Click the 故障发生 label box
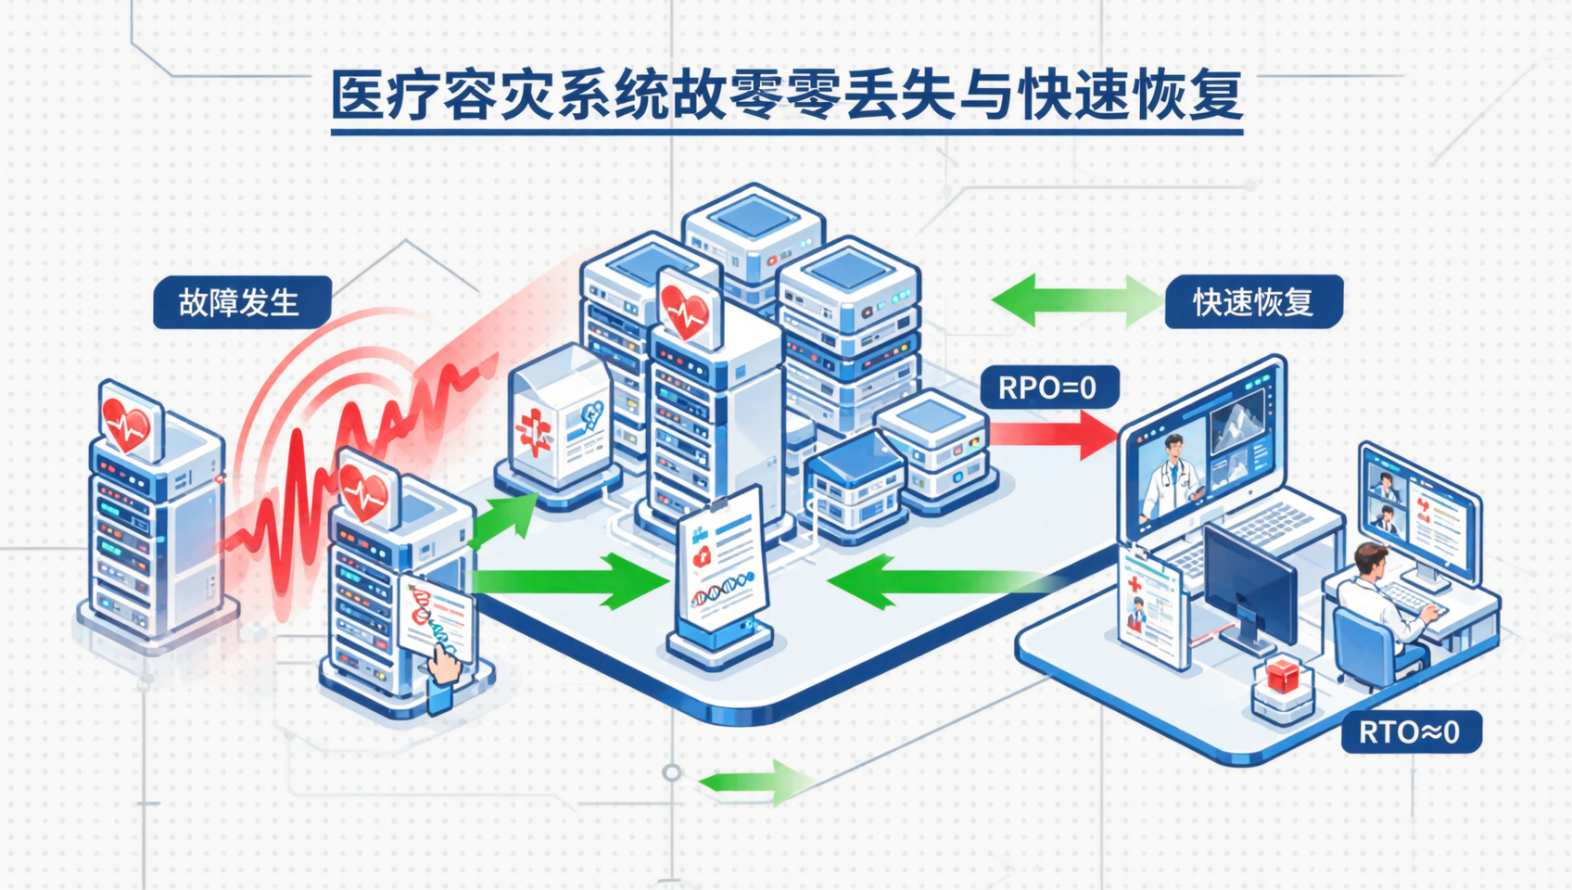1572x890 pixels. click(241, 302)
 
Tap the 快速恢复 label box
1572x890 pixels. click(1253, 302)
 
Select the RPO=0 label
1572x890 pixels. click(1048, 388)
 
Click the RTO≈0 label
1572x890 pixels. click(1410, 732)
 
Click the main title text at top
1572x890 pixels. click(786, 95)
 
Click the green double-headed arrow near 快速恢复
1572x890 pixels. click(1076, 300)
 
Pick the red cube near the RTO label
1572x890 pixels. click(1283, 675)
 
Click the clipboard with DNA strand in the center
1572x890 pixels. click(722, 566)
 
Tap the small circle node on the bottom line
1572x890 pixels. click(672, 772)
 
